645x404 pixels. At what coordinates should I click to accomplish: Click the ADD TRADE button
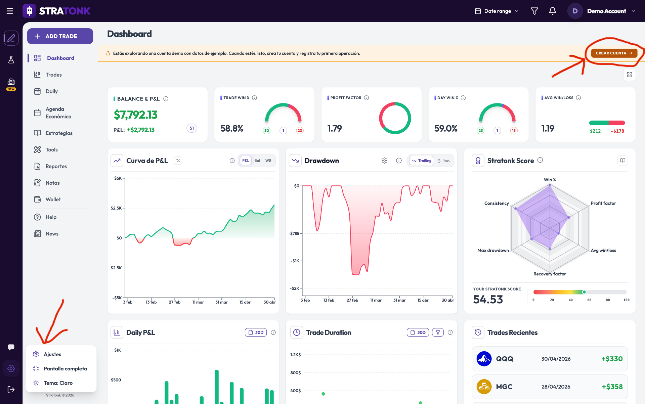tap(60, 36)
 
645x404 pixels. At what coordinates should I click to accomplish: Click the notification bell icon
tap(553, 11)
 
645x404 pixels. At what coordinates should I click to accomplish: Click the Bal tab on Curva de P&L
tap(257, 161)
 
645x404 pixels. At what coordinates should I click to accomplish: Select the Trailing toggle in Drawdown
tap(422, 161)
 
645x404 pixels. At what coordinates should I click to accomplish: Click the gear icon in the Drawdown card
tap(385, 161)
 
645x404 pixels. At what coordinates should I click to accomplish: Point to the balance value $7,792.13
tap(136, 115)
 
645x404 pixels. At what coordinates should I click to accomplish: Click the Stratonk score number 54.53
tap(488, 299)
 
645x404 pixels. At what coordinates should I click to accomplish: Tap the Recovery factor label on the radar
tap(550, 274)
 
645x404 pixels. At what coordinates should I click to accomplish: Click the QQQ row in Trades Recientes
tap(550, 359)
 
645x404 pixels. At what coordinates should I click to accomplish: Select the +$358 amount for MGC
tap(612, 387)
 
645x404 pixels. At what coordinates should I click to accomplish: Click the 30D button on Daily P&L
tap(256, 332)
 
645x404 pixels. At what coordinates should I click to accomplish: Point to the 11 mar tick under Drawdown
tap(376, 300)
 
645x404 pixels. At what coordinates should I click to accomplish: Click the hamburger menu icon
tap(10, 11)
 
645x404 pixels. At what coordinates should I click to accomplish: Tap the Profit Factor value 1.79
tap(335, 128)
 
